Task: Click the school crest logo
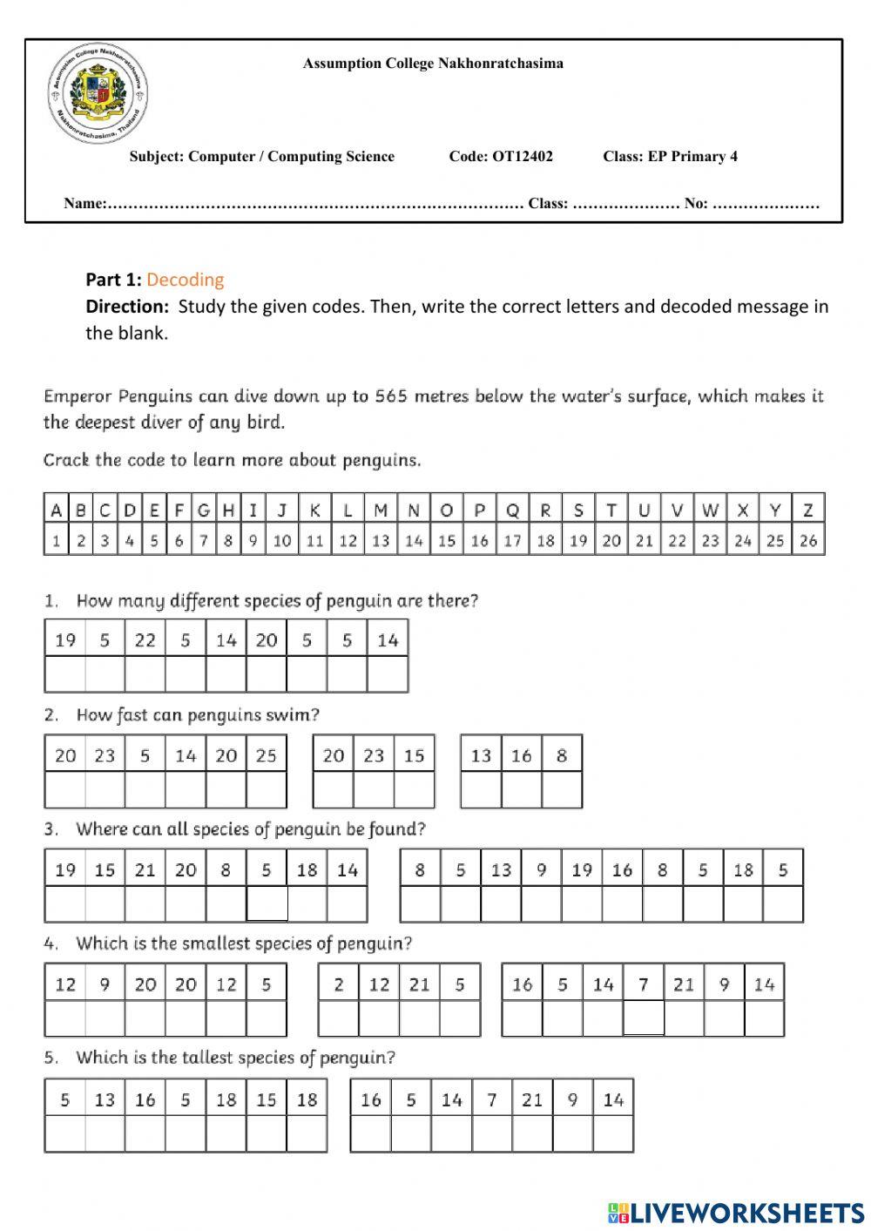click(98, 96)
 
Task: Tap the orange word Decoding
click(185, 280)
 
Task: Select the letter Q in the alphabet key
click(512, 511)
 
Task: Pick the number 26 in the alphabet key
click(808, 541)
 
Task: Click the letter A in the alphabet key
click(56, 511)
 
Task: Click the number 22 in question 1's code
click(145, 640)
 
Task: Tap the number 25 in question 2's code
click(266, 755)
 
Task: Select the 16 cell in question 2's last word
click(521, 755)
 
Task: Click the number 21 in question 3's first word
click(145, 869)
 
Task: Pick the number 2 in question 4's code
click(338, 984)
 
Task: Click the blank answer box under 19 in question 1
click(65, 674)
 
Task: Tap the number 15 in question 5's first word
click(266, 1099)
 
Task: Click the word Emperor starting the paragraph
click(78, 396)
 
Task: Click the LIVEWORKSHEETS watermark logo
click(735, 1212)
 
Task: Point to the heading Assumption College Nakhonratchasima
click(433, 64)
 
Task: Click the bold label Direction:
click(127, 307)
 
